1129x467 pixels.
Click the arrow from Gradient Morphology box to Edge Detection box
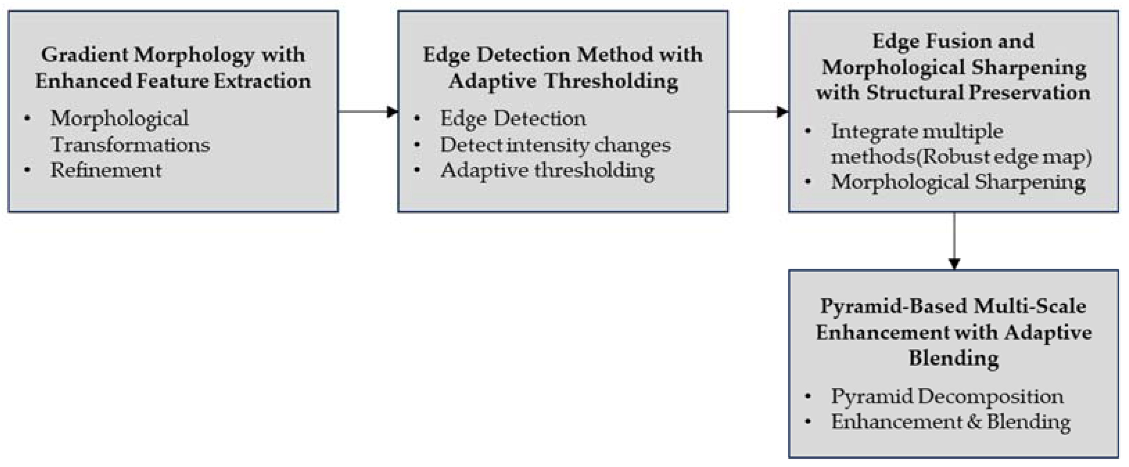(x=368, y=111)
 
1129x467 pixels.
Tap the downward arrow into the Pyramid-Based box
(x=954, y=241)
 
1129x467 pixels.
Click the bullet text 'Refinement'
(x=106, y=170)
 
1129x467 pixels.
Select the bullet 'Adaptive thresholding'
(x=548, y=171)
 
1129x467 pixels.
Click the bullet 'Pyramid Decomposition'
(x=947, y=396)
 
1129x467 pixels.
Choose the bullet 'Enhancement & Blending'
(x=951, y=422)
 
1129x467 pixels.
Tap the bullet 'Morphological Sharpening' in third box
(x=958, y=182)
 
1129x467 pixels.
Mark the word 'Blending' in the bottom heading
(x=954, y=358)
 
